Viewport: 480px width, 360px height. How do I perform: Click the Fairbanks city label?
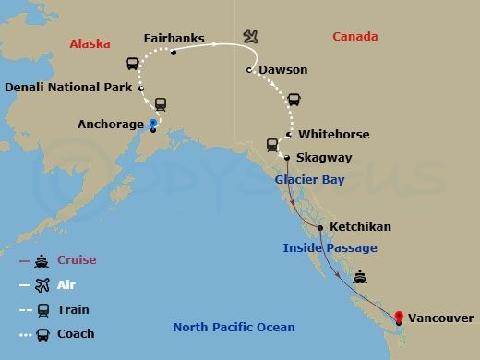pos(173,39)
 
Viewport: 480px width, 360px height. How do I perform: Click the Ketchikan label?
pos(360,226)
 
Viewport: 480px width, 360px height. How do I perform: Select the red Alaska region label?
pos(90,43)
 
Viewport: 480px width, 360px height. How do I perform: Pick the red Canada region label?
pos(354,37)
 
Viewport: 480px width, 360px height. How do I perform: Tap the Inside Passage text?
pos(330,248)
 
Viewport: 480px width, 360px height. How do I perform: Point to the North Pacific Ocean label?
pos(234,328)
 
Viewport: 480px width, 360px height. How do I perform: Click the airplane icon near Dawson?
pos(252,36)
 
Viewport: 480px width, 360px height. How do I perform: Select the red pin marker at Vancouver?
pos(399,318)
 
